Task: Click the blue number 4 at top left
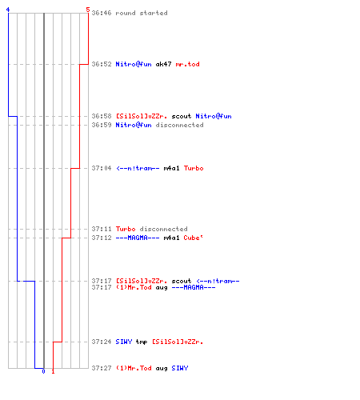coord(8,10)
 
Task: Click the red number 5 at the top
coord(88,10)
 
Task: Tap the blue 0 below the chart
coord(43,371)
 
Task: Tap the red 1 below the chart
coord(53,371)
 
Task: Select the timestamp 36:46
coord(102,13)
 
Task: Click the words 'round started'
coord(142,13)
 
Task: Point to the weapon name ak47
coord(163,64)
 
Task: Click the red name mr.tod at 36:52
coord(187,64)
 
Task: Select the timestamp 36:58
coord(102,116)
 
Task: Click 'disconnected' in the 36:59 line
coord(179,125)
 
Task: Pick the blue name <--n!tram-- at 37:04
coord(138,168)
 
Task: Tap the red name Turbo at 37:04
coord(194,168)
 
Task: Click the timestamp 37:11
coord(102,229)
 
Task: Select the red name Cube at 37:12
coord(193,238)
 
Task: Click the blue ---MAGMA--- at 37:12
coord(138,238)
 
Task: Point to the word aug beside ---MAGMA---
coord(162,287)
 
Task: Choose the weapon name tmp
coord(142,342)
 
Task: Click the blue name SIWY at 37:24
coord(124,342)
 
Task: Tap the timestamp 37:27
coord(102,368)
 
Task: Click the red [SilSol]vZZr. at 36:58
coord(142,116)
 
